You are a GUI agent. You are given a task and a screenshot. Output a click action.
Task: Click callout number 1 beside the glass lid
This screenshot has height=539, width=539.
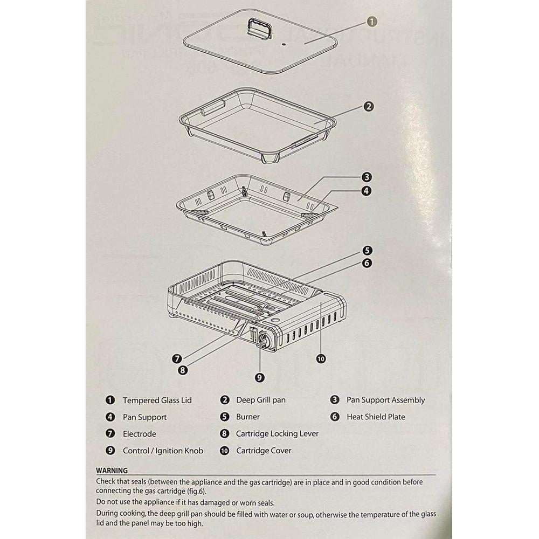point(372,22)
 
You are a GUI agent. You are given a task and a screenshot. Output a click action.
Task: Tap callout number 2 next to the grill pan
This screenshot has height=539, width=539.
point(368,107)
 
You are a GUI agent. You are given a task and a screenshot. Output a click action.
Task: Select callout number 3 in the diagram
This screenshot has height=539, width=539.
point(367,177)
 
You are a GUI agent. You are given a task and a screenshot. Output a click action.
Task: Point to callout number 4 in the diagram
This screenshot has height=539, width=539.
point(367,191)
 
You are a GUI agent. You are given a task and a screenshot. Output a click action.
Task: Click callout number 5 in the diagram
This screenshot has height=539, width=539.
point(367,251)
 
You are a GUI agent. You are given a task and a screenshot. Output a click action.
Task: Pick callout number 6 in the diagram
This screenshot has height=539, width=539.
point(367,263)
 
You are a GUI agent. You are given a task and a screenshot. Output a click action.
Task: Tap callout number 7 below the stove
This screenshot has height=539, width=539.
point(177,359)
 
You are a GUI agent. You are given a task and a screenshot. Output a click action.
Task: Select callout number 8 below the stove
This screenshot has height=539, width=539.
point(183,370)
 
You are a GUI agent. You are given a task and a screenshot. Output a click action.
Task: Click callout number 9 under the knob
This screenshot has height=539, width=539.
point(260,377)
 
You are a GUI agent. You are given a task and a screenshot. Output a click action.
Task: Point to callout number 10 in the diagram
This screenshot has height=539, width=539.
point(321,359)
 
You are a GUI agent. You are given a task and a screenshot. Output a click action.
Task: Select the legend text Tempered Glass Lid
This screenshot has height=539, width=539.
point(157,400)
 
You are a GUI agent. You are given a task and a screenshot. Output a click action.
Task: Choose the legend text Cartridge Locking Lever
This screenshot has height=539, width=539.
point(277,434)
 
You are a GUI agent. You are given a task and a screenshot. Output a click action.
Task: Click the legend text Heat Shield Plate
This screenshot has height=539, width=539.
point(376,417)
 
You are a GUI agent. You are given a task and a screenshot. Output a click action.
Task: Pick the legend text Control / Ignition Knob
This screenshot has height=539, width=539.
point(163,451)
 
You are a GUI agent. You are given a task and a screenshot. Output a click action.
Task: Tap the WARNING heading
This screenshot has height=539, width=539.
point(112,471)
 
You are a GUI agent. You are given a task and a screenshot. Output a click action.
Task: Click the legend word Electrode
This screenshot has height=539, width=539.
point(139,434)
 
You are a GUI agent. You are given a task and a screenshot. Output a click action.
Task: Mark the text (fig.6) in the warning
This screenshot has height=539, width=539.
point(197,491)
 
